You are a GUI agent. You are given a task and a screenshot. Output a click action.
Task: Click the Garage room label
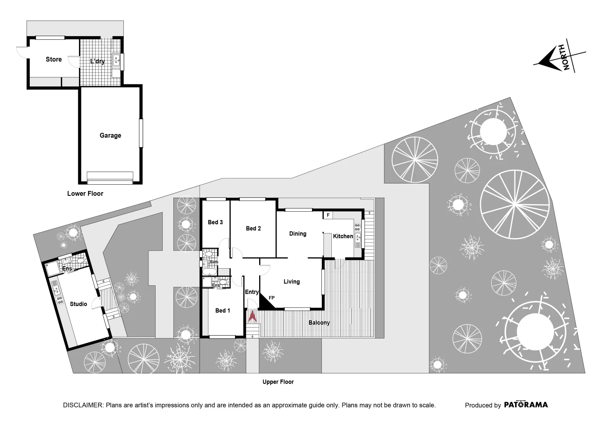click(x=110, y=136)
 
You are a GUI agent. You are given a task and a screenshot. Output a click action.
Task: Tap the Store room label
click(x=54, y=59)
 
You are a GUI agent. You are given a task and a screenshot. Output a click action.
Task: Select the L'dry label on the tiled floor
click(x=98, y=61)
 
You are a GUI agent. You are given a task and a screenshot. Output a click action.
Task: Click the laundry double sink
click(x=116, y=60)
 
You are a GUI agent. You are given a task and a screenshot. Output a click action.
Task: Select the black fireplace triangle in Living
click(x=265, y=304)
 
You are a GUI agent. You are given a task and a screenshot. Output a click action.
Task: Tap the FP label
click(x=272, y=298)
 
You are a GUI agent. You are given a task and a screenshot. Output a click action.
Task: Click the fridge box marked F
click(x=328, y=215)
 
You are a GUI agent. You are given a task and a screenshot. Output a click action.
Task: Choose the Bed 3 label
click(x=215, y=222)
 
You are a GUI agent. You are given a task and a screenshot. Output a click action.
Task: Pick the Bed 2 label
click(x=253, y=228)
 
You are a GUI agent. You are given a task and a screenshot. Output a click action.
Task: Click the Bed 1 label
click(x=223, y=311)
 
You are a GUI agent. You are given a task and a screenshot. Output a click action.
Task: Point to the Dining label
click(x=298, y=234)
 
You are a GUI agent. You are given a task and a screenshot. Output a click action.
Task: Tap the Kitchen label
click(x=343, y=237)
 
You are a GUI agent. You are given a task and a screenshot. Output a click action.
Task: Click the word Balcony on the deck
click(x=319, y=323)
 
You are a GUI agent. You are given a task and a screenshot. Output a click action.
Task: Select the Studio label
click(x=79, y=304)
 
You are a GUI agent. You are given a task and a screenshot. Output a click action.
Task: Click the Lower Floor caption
click(x=85, y=194)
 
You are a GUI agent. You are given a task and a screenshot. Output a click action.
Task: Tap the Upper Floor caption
click(x=278, y=382)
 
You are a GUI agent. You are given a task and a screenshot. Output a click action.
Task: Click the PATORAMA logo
click(x=526, y=405)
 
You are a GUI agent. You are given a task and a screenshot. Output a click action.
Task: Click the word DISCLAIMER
click(x=83, y=405)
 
